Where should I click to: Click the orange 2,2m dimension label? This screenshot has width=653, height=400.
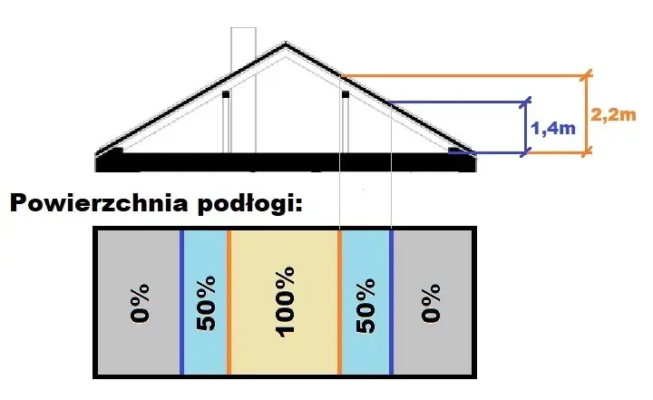(613, 114)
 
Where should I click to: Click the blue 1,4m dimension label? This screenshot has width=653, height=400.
(553, 128)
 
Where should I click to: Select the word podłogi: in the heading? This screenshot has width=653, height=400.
(250, 205)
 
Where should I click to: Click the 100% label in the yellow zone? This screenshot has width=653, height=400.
(286, 302)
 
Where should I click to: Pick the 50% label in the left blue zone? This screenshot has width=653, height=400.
(206, 303)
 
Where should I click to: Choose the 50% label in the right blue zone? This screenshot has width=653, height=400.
(365, 306)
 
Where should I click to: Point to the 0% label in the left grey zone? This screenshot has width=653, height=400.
(140, 303)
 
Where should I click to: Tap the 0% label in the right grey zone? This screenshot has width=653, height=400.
(431, 303)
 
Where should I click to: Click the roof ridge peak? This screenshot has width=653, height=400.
(286, 43)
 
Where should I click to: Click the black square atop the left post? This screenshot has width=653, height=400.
(226, 94)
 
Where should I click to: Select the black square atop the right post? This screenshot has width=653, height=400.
(346, 94)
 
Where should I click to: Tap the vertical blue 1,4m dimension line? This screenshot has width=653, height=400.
(526, 127)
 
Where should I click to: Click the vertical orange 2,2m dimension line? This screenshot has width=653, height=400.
(587, 113)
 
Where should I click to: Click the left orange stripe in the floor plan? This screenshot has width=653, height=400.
(229, 302)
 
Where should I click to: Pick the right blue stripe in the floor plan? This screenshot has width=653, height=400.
(392, 302)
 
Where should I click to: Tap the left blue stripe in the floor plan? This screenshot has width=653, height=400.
(181, 302)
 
